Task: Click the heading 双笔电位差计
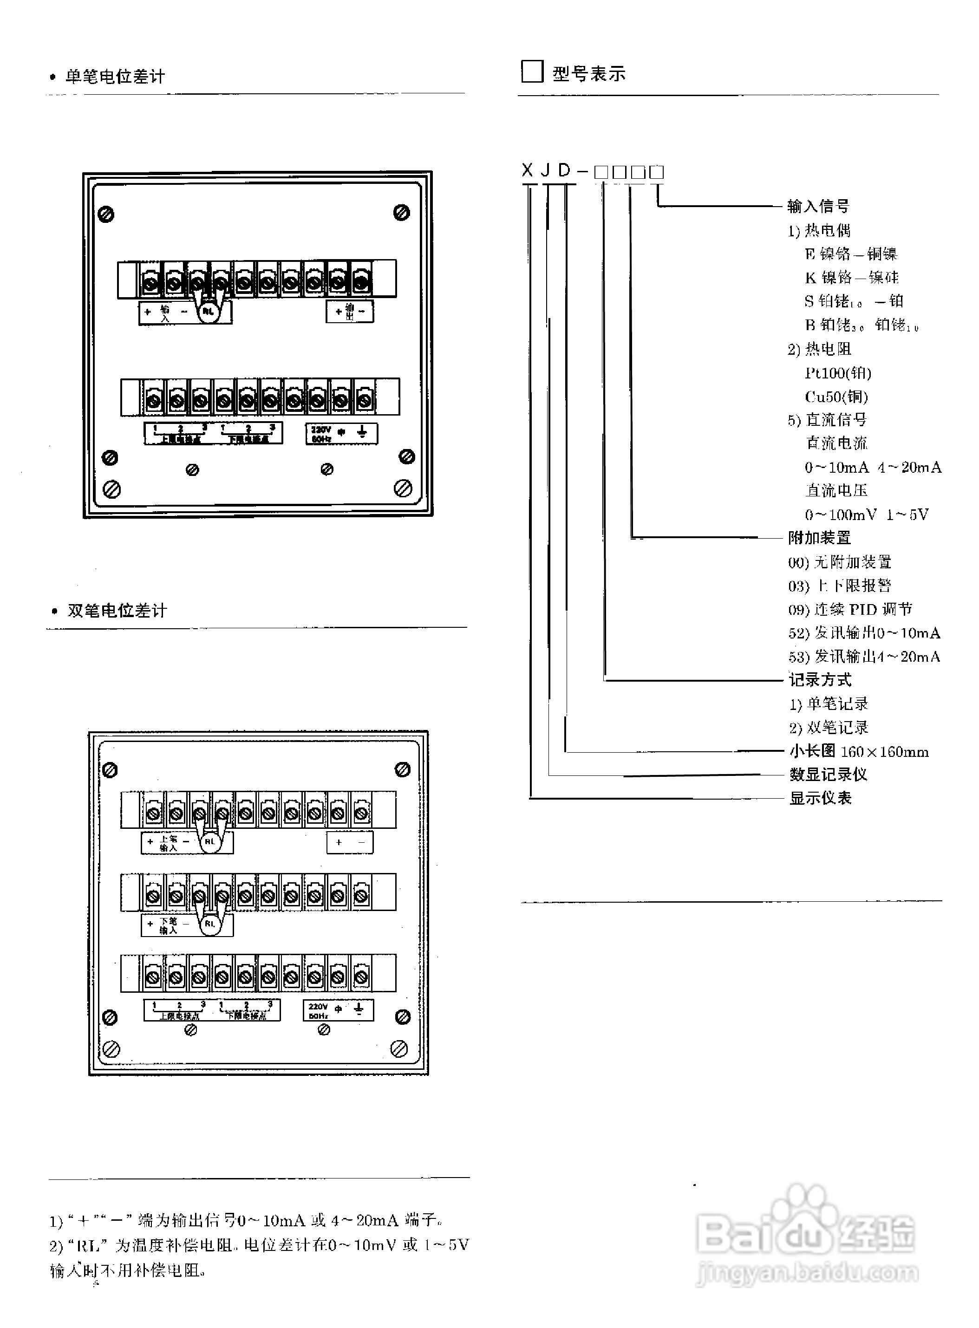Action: point(117,611)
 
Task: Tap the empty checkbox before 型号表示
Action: point(532,71)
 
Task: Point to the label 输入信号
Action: point(818,206)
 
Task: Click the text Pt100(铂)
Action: point(838,372)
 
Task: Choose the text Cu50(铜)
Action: point(836,396)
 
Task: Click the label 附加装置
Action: point(820,538)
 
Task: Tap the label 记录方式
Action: point(820,680)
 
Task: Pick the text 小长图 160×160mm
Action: point(859,751)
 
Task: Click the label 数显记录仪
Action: point(828,774)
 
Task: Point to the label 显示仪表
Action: point(820,798)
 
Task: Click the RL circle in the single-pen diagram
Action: point(209,310)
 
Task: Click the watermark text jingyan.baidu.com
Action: point(807,1272)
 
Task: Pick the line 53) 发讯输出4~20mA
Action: point(864,656)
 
